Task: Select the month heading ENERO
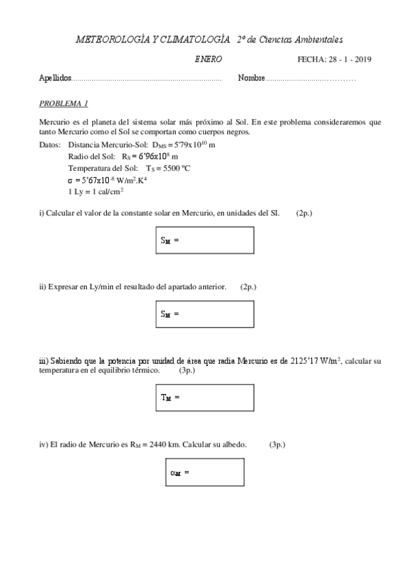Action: coord(208,60)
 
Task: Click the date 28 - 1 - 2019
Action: coord(349,60)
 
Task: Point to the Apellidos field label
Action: coord(55,79)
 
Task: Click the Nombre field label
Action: coord(251,79)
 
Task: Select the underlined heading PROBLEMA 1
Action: coord(64,103)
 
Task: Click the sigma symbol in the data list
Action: coord(71,181)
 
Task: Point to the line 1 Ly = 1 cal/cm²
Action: coord(95,192)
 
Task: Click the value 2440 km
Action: coord(164,444)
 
